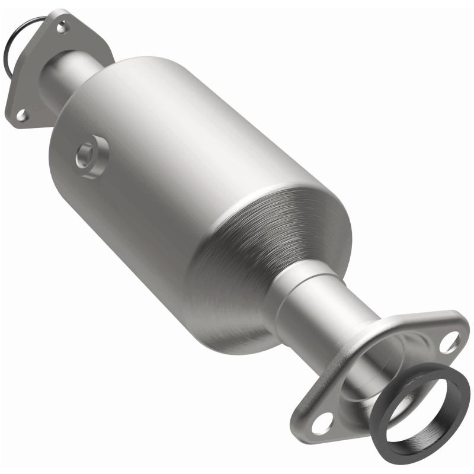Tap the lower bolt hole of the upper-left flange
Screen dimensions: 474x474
[x=21, y=115]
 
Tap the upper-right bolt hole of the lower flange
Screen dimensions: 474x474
[x=451, y=341]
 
